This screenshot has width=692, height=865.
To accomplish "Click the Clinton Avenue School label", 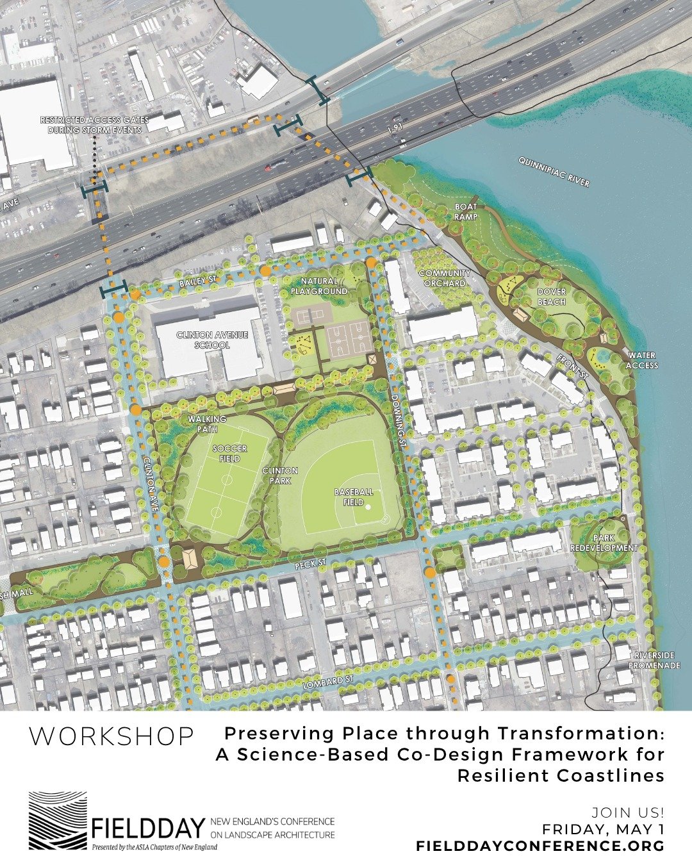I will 202,340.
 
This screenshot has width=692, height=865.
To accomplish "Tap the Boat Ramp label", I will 466,211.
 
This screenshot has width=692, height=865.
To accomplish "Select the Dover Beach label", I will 551,297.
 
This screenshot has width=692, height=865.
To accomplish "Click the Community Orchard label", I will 445,278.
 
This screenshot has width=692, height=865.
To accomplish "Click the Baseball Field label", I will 354,497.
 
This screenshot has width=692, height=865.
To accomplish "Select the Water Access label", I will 642,360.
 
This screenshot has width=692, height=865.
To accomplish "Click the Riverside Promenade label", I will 654,661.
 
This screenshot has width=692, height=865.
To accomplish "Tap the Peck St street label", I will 311,564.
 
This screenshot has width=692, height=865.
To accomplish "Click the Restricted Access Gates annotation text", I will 94,124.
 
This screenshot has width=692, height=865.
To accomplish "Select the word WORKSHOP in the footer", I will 111,736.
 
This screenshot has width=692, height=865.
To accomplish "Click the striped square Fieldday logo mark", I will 57,821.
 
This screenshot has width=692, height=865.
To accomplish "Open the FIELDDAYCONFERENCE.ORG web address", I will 540,846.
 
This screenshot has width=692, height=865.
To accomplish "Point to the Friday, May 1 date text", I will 603,830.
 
